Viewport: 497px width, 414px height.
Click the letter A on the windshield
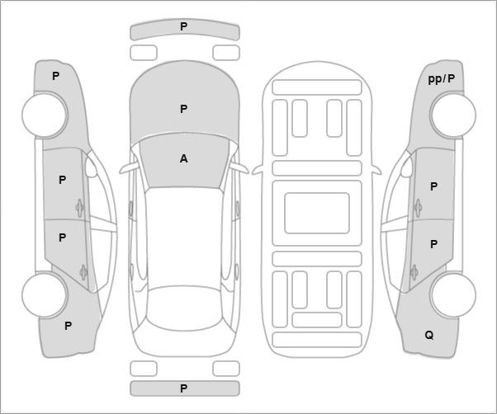[x=183, y=158]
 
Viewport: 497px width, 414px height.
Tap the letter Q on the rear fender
[x=428, y=335]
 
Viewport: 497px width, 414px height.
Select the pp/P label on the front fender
[x=442, y=78]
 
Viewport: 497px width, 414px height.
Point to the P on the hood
[x=183, y=109]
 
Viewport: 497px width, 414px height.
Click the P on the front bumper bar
[x=183, y=26]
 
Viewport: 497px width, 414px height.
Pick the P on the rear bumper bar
[x=183, y=388]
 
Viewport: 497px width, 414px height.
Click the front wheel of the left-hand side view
[x=45, y=115]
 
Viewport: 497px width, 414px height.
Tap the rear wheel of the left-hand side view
[x=45, y=294]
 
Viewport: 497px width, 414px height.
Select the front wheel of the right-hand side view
[x=453, y=115]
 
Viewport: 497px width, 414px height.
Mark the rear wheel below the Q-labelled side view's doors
[x=453, y=294]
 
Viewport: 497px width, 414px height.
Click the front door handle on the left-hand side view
[x=79, y=208]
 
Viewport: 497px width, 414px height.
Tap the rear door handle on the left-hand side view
[x=83, y=272]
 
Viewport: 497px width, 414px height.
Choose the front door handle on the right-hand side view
[x=418, y=208]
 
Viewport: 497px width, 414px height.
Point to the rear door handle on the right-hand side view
[x=414, y=272]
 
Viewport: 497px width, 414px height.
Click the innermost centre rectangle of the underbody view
[x=317, y=213]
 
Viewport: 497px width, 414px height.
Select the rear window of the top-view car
[x=184, y=308]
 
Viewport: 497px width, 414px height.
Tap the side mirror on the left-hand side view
[x=92, y=167]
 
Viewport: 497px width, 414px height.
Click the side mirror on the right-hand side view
[x=406, y=167]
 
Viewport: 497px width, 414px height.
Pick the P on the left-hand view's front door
[x=63, y=180]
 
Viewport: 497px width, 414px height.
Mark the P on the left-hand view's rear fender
[x=69, y=326]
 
